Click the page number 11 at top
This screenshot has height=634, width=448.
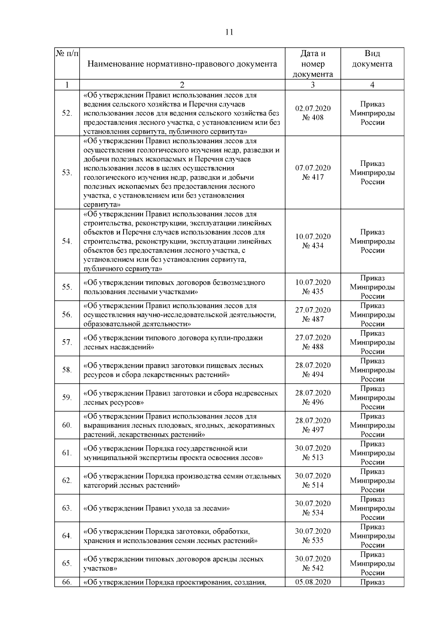coord(229,32)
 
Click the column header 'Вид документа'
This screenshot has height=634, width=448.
coord(372,59)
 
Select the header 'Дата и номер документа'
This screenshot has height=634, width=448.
coord(312,64)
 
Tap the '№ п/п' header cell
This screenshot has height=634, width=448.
coord(67,54)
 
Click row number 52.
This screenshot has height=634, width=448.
coord(67,113)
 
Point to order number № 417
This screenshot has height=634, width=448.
coord(312,177)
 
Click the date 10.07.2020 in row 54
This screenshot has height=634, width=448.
coord(312,236)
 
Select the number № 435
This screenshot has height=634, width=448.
coord(312,291)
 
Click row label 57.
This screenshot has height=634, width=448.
coord(67,342)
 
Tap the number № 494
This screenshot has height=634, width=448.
coord(312,374)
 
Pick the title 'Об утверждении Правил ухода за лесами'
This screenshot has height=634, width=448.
coord(156,508)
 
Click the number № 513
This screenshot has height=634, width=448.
coord(312,457)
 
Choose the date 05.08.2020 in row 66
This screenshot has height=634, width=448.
coord(312,582)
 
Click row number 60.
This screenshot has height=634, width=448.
coord(67,425)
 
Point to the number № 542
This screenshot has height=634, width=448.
coord(312,568)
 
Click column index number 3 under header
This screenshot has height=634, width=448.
coord(312,85)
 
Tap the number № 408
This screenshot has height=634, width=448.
coord(312,117)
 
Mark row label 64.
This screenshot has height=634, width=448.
coord(67,536)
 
